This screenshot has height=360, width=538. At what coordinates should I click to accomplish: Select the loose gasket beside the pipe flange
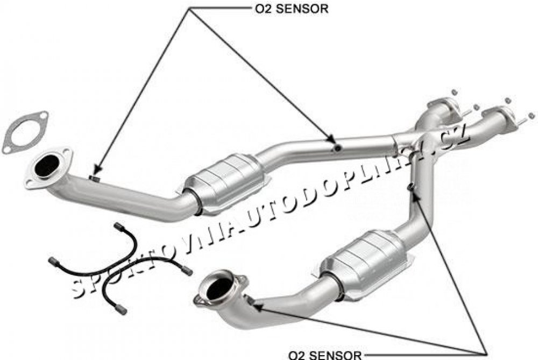25,132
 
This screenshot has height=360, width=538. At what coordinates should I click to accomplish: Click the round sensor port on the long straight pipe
337,147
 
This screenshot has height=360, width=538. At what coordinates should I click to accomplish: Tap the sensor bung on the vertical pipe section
411,187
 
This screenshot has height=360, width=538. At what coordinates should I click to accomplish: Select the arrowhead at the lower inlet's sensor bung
257,307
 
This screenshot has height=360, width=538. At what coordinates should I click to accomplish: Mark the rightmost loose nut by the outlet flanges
532,115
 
